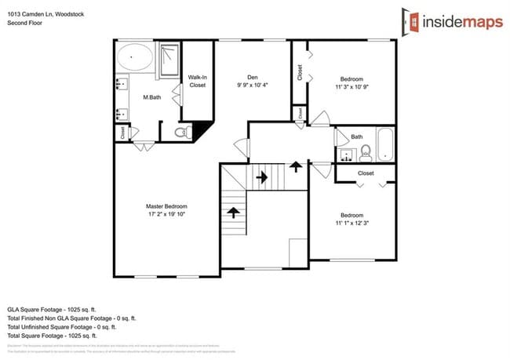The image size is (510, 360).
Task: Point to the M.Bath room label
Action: pos(151,97)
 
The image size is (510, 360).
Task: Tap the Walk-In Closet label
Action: pos(198,81)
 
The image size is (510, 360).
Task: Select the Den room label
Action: pos(253,77)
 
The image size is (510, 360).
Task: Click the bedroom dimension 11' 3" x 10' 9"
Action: pos(352,87)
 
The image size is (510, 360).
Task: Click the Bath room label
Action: pos(357,136)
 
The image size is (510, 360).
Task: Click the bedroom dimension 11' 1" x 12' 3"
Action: pos(352,224)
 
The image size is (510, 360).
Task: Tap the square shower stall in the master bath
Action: pos(169,60)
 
